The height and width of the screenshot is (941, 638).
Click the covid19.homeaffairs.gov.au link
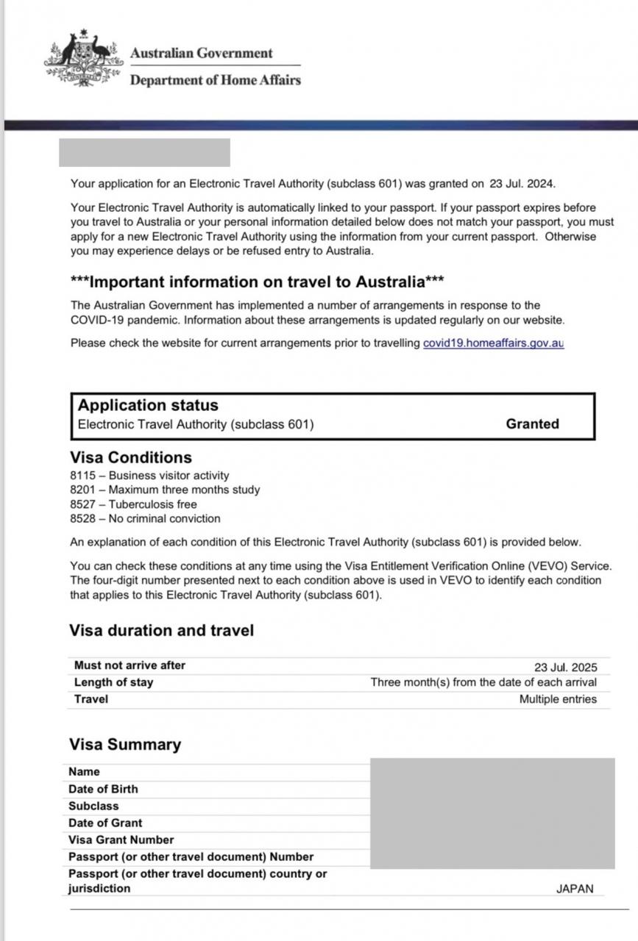pyautogui.click(x=493, y=343)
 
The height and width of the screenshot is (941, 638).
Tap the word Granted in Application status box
pyautogui.click(x=532, y=424)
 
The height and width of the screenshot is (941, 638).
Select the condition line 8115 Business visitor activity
pyautogui.click(x=149, y=476)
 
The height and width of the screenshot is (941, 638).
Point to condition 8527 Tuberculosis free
pyautogui.click(x=133, y=504)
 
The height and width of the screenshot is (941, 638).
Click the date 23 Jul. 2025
pyautogui.click(x=565, y=668)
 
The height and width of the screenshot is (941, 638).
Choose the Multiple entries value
pyautogui.click(x=558, y=699)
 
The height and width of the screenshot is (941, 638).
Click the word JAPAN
pyautogui.click(x=574, y=889)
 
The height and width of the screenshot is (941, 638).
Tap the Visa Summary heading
pyautogui.click(x=124, y=745)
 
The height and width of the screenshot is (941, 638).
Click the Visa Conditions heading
pyautogui.click(x=130, y=457)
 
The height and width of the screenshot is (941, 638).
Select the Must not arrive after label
pyautogui.click(x=130, y=665)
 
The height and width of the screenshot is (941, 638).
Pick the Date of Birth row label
pyautogui.click(x=103, y=789)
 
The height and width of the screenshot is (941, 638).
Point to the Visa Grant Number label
pyautogui.click(x=121, y=840)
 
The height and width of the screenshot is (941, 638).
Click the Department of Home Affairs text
pyautogui.click(x=215, y=80)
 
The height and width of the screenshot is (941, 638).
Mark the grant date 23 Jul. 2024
pyautogui.click(x=522, y=183)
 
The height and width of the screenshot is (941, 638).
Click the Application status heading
pyautogui.click(x=148, y=405)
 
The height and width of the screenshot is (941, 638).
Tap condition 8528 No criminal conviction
pyautogui.click(x=145, y=518)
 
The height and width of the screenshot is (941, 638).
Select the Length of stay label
pyautogui.click(x=113, y=682)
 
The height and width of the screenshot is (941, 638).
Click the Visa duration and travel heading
pyautogui.click(x=161, y=631)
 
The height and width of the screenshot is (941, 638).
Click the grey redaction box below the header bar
pyautogui.click(x=144, y=153)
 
